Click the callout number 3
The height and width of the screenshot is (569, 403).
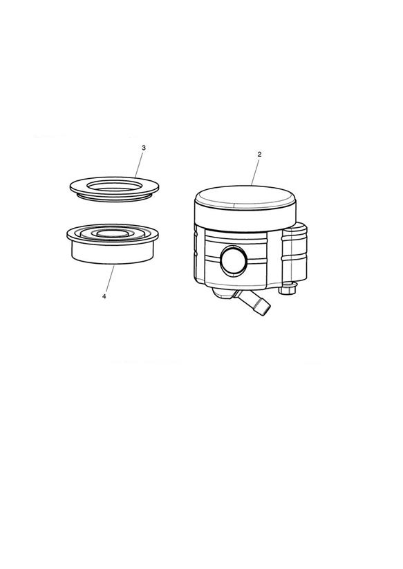[144, 148]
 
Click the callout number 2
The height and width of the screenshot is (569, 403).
[259, 154]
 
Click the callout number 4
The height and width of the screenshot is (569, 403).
[104, 296]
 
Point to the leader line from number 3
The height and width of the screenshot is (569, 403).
[139, 164]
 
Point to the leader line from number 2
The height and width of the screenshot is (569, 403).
[255, 172]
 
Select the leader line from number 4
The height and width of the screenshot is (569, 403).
[109, 278]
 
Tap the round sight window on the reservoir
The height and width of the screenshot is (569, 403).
[234, 260]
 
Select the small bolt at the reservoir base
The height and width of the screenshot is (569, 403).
[288, 289]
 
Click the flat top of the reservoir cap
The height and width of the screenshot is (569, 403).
[245, 197]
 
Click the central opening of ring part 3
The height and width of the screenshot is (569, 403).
[114, 186]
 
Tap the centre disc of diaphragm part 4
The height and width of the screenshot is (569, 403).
[113, 234]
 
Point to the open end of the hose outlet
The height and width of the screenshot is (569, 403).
[265, 310]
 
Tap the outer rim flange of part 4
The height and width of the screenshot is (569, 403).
[113, 235]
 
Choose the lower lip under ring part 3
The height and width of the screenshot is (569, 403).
[113, 197]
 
